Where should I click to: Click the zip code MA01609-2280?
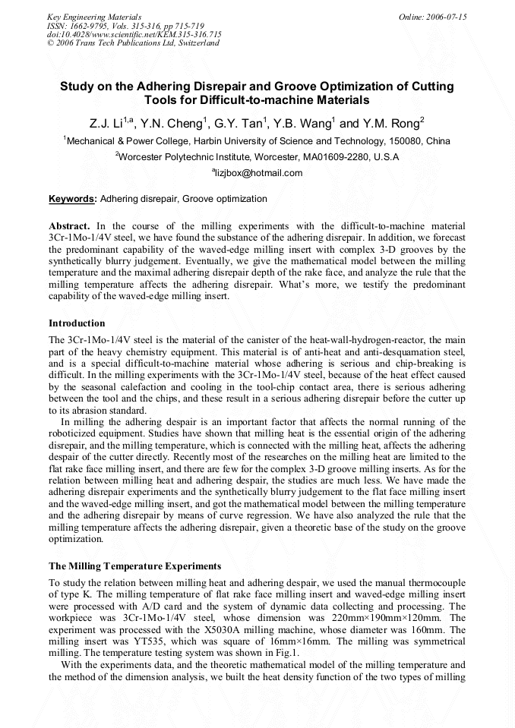click(332, 157)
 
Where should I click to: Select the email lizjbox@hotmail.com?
click(259, 173)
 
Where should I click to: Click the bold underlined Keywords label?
click(72, 199)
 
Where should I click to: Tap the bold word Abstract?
click(69, 226)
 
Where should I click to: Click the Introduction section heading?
click(77, 323)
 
